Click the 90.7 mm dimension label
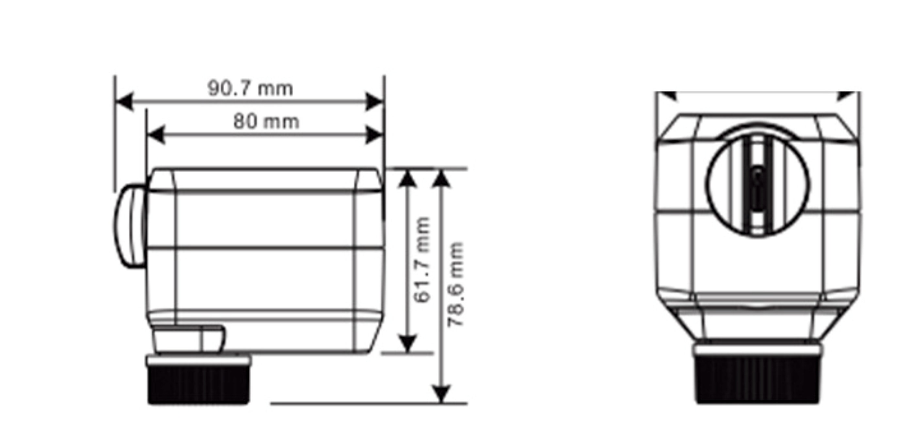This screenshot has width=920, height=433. pyautogui.click(x=250, y=88)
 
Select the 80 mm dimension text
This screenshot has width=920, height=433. pyautogui.click(x=266, y=121)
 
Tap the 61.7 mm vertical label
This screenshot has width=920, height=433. pyautogui.click(x=423, y=259)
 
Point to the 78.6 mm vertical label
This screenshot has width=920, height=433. pyautogui.click(x=456, y=285)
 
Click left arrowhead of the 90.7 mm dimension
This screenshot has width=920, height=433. pyautogui.click(x=125, y=102)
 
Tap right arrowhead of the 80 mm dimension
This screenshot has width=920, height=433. pyautogui.click(x=374, y=135)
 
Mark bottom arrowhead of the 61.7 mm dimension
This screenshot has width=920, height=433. pyautogui.click(x=407, y=344)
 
